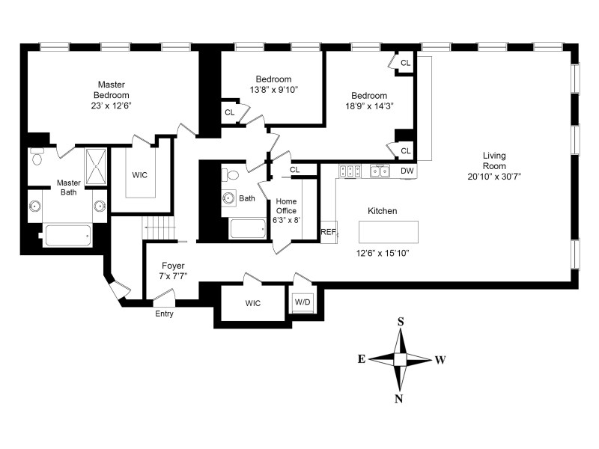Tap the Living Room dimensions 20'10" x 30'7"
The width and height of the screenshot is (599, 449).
[494, 176]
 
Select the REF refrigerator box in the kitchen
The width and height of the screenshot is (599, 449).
[328, 232]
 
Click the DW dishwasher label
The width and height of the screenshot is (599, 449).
[407, 171]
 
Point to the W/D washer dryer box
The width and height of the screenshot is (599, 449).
[302, 302]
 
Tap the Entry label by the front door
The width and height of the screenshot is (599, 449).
[164, 314]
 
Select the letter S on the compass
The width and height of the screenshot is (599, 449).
[401, 322]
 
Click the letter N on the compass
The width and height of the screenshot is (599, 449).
[399, 399]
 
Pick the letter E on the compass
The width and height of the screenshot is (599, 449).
[362, 359]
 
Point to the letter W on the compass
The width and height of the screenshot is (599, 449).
[440, 360]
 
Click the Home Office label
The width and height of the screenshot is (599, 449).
[287, 206]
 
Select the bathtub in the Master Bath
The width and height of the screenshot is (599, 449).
[68, 236]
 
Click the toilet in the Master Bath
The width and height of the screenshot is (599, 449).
[37, 158]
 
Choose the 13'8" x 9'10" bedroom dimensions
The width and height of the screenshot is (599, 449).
[273, 90]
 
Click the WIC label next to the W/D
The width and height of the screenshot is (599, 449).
[252, 304]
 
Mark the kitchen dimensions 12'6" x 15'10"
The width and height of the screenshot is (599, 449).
[382, 252]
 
